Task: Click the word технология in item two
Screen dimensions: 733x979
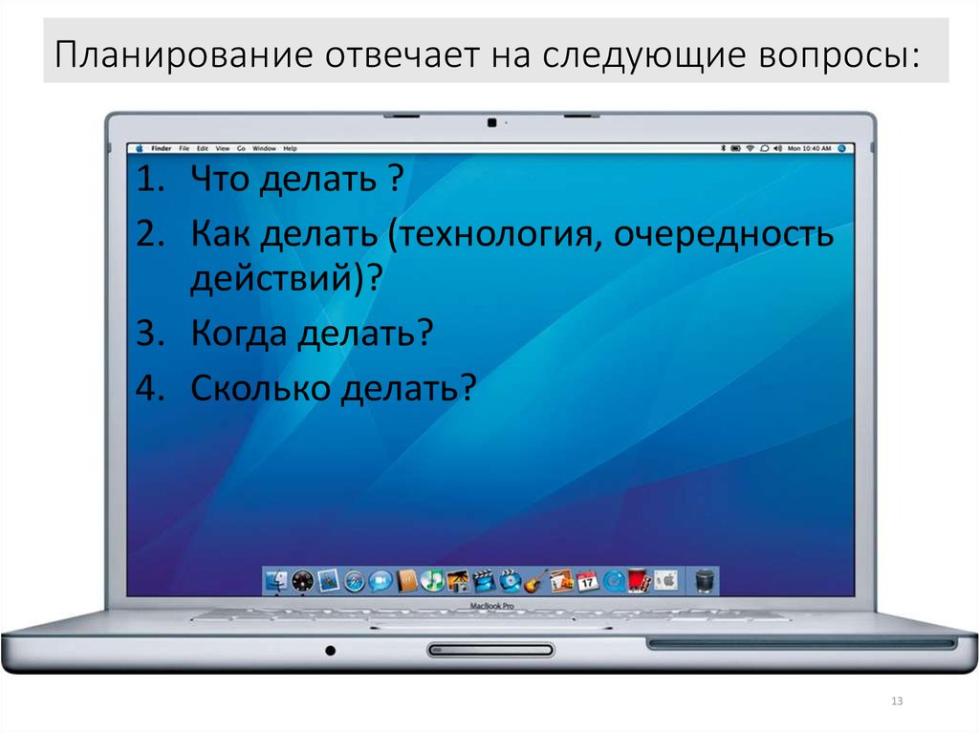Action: click(x=496, y=235)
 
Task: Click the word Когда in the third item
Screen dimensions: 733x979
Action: click(x=239, y=334)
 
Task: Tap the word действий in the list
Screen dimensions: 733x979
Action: click(x=272, y=279)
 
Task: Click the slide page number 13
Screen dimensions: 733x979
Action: click(x=896, y=702)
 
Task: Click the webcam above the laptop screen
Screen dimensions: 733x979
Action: click(x=491, y=122)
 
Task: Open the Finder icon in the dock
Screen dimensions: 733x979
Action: click(x=277, y=580)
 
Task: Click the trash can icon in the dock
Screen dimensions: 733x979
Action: click(x=704, y=580)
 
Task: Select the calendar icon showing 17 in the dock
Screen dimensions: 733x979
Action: click(x=587, y=580)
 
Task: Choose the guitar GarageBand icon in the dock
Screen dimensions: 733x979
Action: click(x=535, y=580)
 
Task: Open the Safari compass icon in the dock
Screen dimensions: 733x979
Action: click(x=355, y=580)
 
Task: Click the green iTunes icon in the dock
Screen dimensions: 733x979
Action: click(x=432, y=580)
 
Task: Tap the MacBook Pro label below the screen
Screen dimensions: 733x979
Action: click(x=491, y=607)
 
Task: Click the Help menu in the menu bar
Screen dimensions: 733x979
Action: click(x=290, y=149)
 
